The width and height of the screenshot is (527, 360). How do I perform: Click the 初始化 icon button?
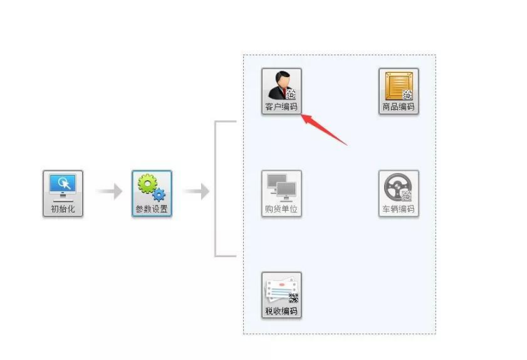62,193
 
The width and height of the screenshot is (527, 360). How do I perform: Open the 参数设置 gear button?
152,193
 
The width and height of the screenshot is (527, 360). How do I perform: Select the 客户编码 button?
281,91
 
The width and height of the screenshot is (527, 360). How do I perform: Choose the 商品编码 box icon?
399,91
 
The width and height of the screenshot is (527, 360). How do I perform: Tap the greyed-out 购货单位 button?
281,193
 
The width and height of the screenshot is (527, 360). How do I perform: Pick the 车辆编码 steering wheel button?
399,193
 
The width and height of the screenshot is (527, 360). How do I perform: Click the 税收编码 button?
281,295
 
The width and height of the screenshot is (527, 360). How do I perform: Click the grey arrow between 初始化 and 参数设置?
109,191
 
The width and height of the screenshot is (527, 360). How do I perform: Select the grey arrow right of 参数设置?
196,191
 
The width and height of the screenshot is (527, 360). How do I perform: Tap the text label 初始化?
62,209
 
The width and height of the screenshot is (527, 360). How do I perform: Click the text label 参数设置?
152,209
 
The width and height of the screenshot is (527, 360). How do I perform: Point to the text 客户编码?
281,107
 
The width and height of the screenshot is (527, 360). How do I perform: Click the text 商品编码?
399,107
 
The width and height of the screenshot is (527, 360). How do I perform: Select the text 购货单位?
281,209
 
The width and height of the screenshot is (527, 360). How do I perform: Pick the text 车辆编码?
399,209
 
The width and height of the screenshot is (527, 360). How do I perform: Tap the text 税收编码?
281,311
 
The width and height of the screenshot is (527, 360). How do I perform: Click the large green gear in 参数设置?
148,184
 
